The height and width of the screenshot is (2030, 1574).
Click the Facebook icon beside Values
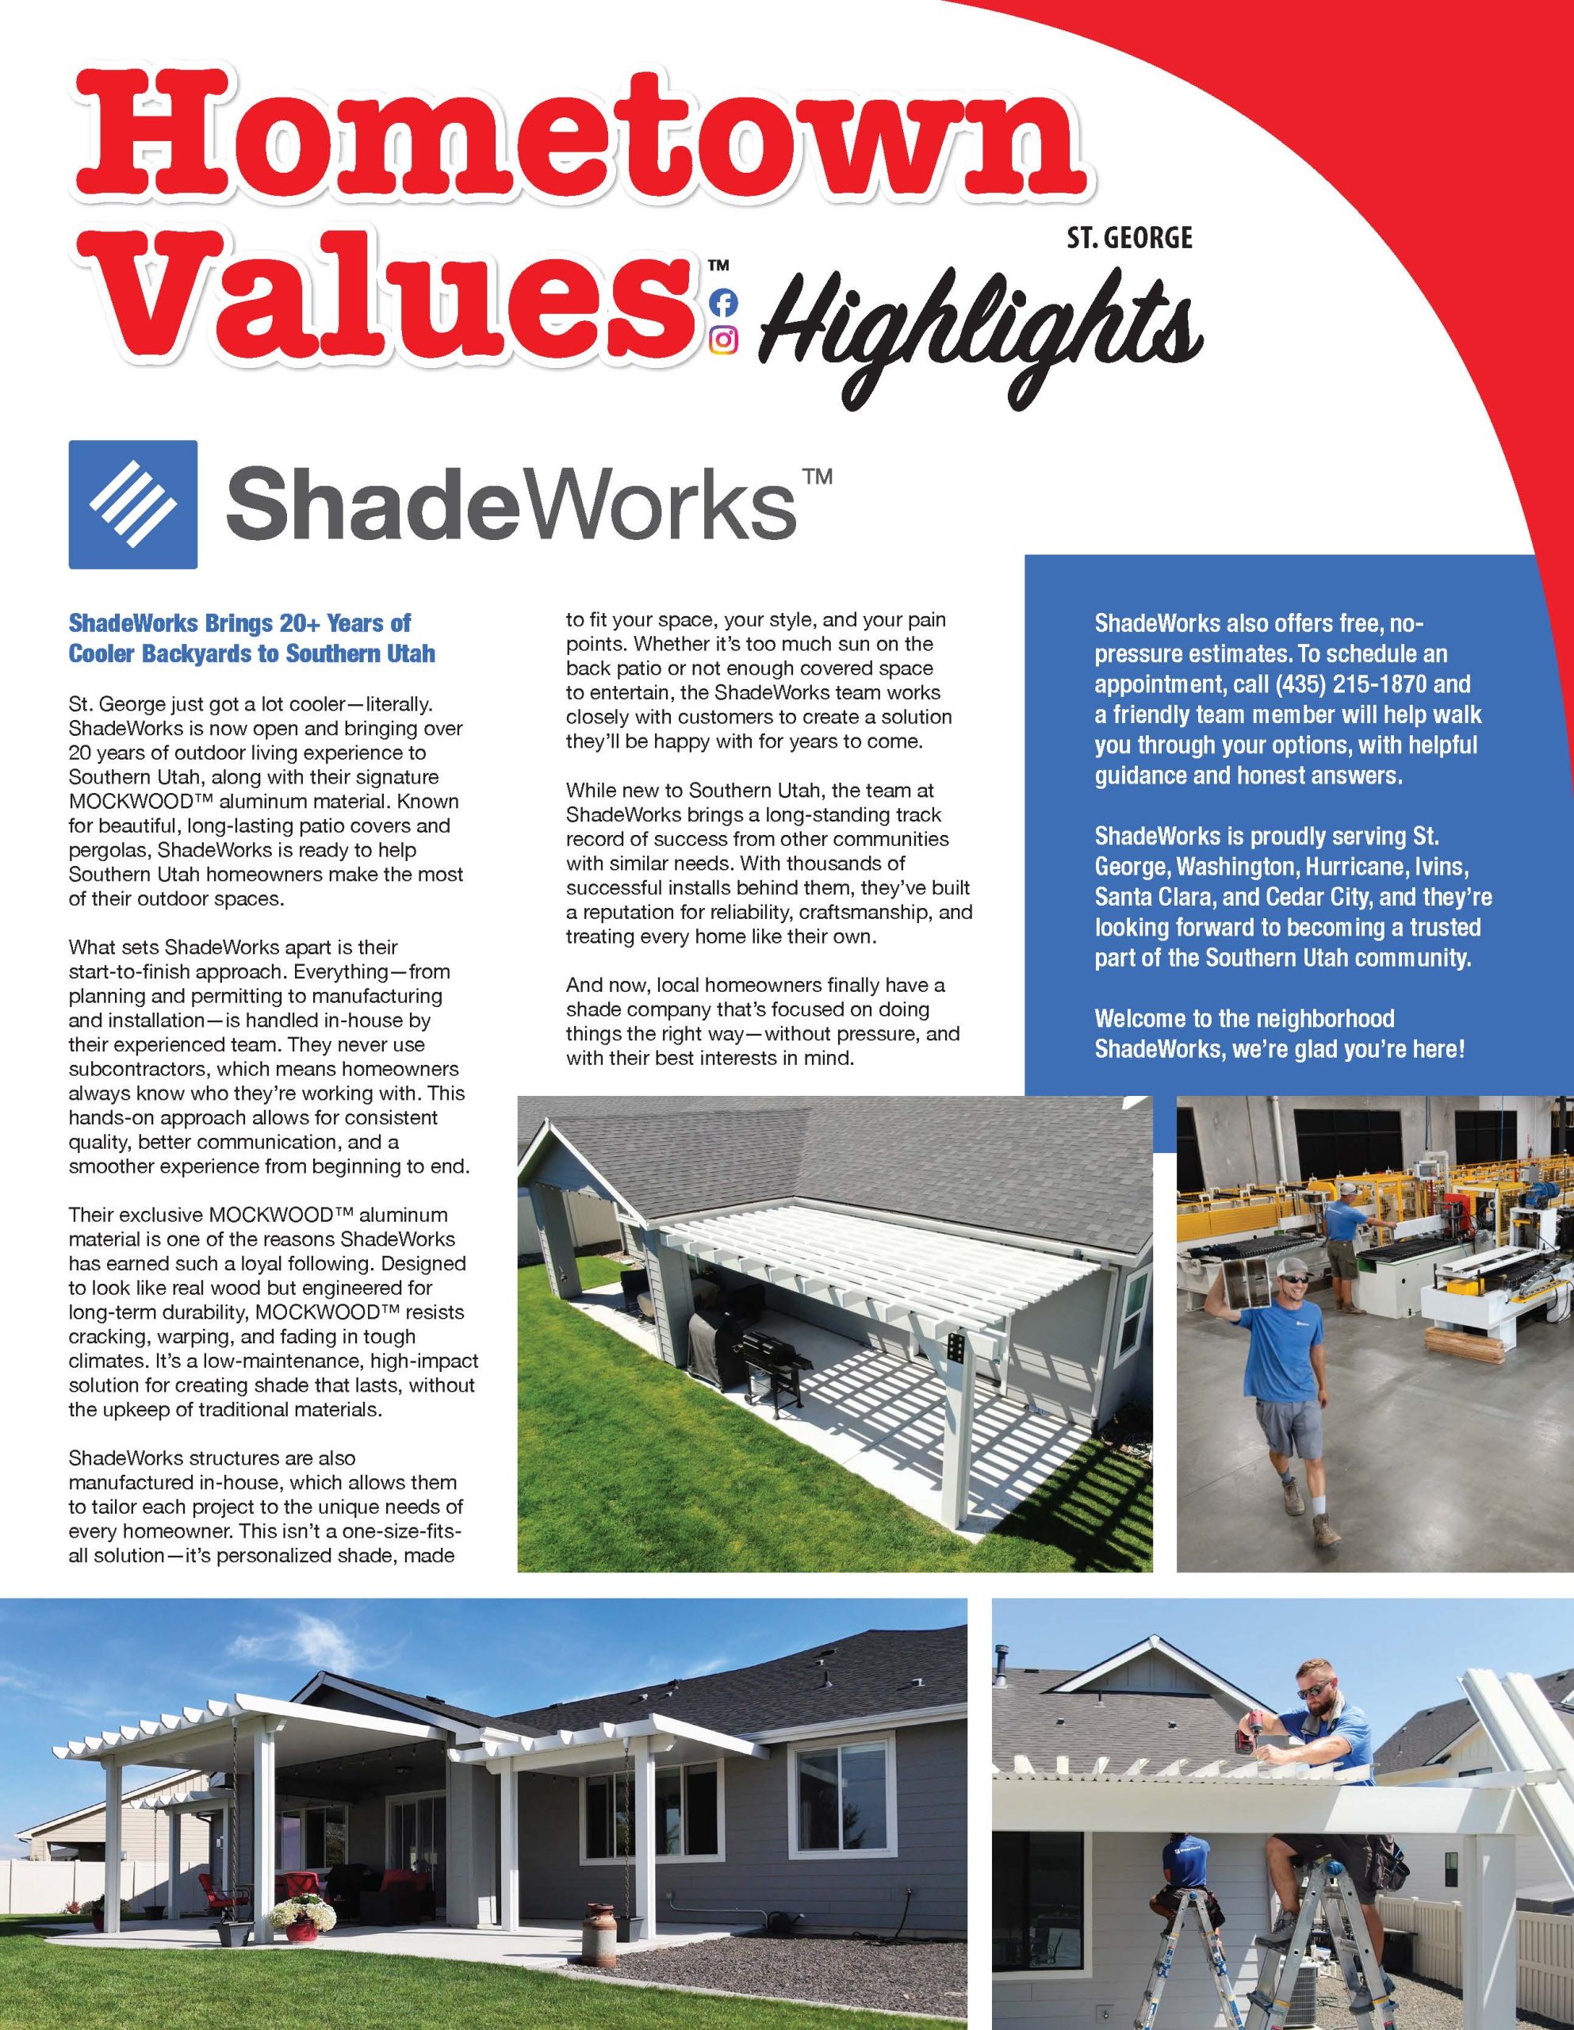[722, 302]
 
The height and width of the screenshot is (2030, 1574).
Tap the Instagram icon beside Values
[722, 340]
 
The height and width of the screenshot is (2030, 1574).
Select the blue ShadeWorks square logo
[133, 504]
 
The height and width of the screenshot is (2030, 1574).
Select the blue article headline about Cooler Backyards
[252, 638]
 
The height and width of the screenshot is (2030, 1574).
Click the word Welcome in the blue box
[1134, 1019]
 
